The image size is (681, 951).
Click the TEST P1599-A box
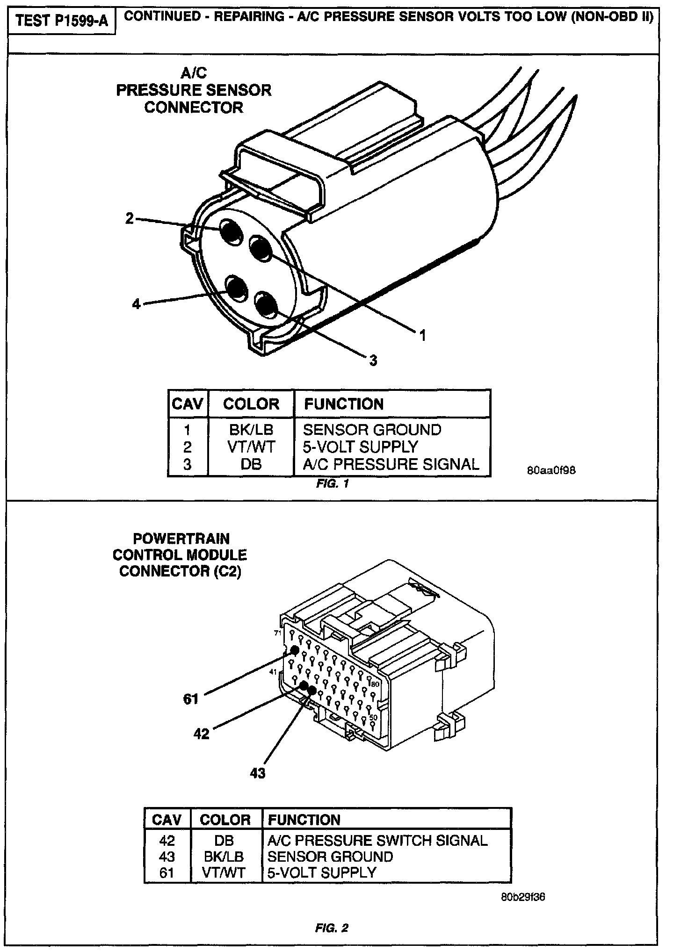[62, 21]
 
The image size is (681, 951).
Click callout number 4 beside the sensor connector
[136, 304]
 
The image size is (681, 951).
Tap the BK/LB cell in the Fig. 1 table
[251, 430]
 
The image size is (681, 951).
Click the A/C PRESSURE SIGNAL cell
[391, 464]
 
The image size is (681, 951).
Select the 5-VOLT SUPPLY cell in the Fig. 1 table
[360, 447]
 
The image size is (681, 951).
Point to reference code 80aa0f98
[551, 470]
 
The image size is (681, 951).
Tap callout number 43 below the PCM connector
[257, 773]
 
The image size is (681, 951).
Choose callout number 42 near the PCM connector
[202, 735]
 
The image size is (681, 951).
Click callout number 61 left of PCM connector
[191, 699]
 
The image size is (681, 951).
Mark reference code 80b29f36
[522, 897]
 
